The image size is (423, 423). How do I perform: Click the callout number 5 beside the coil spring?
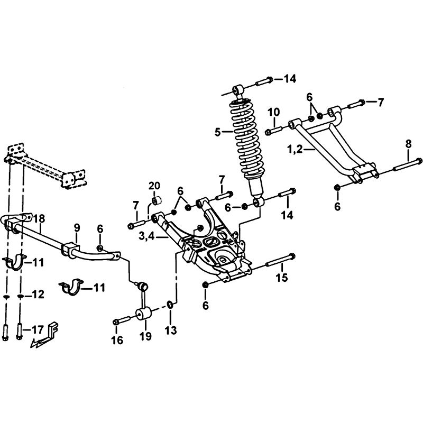(x=218, y=133)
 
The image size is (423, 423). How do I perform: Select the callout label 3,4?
(x=147, y=236)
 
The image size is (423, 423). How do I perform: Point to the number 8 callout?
(x=408, y=144)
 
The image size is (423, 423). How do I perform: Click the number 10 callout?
(x=274, y=112)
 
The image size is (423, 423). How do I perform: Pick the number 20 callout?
(x=154, y=186)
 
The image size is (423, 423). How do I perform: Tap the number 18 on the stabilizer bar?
(x=39, y=218)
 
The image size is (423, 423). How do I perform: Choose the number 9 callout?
(x=77, y=228)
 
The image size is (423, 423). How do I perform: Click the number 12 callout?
(x=38, y=295)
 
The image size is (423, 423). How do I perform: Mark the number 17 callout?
(x=37, y=329)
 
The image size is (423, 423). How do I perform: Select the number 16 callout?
(x=117, y=341)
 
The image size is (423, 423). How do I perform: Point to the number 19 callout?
(x=145, y=336)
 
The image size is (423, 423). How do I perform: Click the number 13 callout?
(x=171, y=330)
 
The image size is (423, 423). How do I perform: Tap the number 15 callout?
(x=282, y=277)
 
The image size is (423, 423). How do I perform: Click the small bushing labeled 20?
(x=157, y=201)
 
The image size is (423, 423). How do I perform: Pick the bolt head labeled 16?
(x=116, y=322)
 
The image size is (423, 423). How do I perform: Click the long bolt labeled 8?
(x=407, y=165)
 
